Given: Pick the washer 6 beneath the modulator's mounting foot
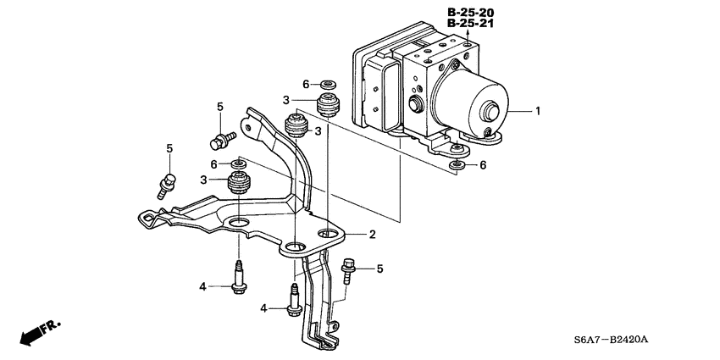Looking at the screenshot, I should (457, 163).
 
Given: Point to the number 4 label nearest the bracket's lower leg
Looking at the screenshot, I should (263, 309).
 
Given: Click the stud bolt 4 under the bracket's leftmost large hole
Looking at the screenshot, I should (238, 280).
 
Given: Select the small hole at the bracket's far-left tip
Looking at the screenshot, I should (147, 220).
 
